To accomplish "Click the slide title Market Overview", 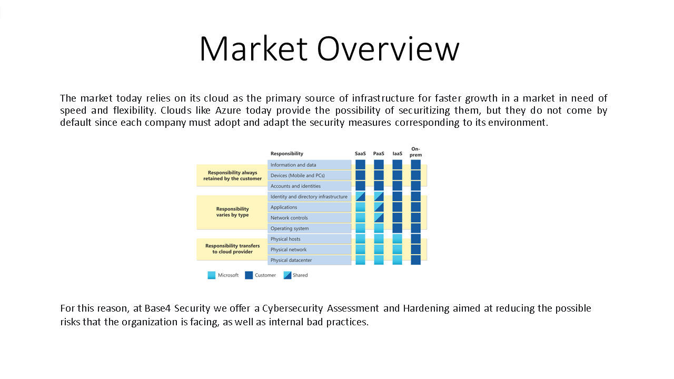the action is (x=330, y=49).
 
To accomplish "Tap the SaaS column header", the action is (x=360, y=153).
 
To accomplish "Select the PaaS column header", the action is (x=379, y=153).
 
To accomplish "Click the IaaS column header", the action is (x=397, y=153).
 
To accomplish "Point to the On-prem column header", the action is (x=415, y=152).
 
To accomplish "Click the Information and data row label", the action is (x=293, y=165).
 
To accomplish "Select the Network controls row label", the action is (x=289, y=218).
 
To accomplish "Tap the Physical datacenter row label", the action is (x=291, y=260).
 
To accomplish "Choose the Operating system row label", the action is (x=290, y=228).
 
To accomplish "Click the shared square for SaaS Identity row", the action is (x=360, y=196).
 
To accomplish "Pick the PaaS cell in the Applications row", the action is (x=379, y=207).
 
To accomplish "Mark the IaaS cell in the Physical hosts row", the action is (x=397, y=239).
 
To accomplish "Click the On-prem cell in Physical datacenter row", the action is (x=415, y=260).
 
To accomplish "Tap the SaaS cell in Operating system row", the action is (x=360, y=228).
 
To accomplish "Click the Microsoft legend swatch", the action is (x=212, y=275).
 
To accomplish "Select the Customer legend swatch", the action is (x=249, y=275).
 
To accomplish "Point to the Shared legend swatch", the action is (x=288, y=275).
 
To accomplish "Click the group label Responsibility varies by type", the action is (x=232, y=212).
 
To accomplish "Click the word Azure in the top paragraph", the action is (x=228, y=111).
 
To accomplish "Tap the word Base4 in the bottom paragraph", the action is (x=157, y=308).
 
